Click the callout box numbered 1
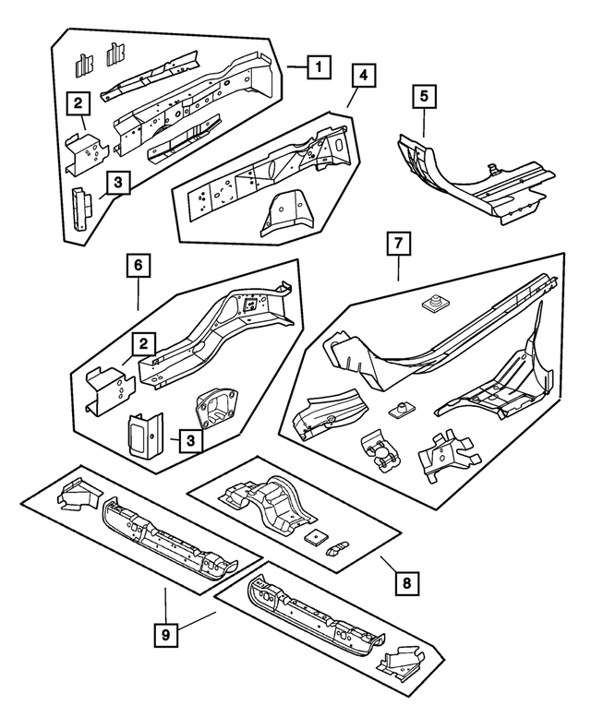coord(317,66)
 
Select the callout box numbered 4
coord(363,75)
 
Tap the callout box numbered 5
coord(424,96)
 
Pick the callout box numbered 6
coord(138,267)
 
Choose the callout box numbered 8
coord(403,583)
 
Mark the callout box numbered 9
coord(165,636)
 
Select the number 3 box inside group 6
coord(187,440)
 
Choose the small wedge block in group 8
coord(341,547)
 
